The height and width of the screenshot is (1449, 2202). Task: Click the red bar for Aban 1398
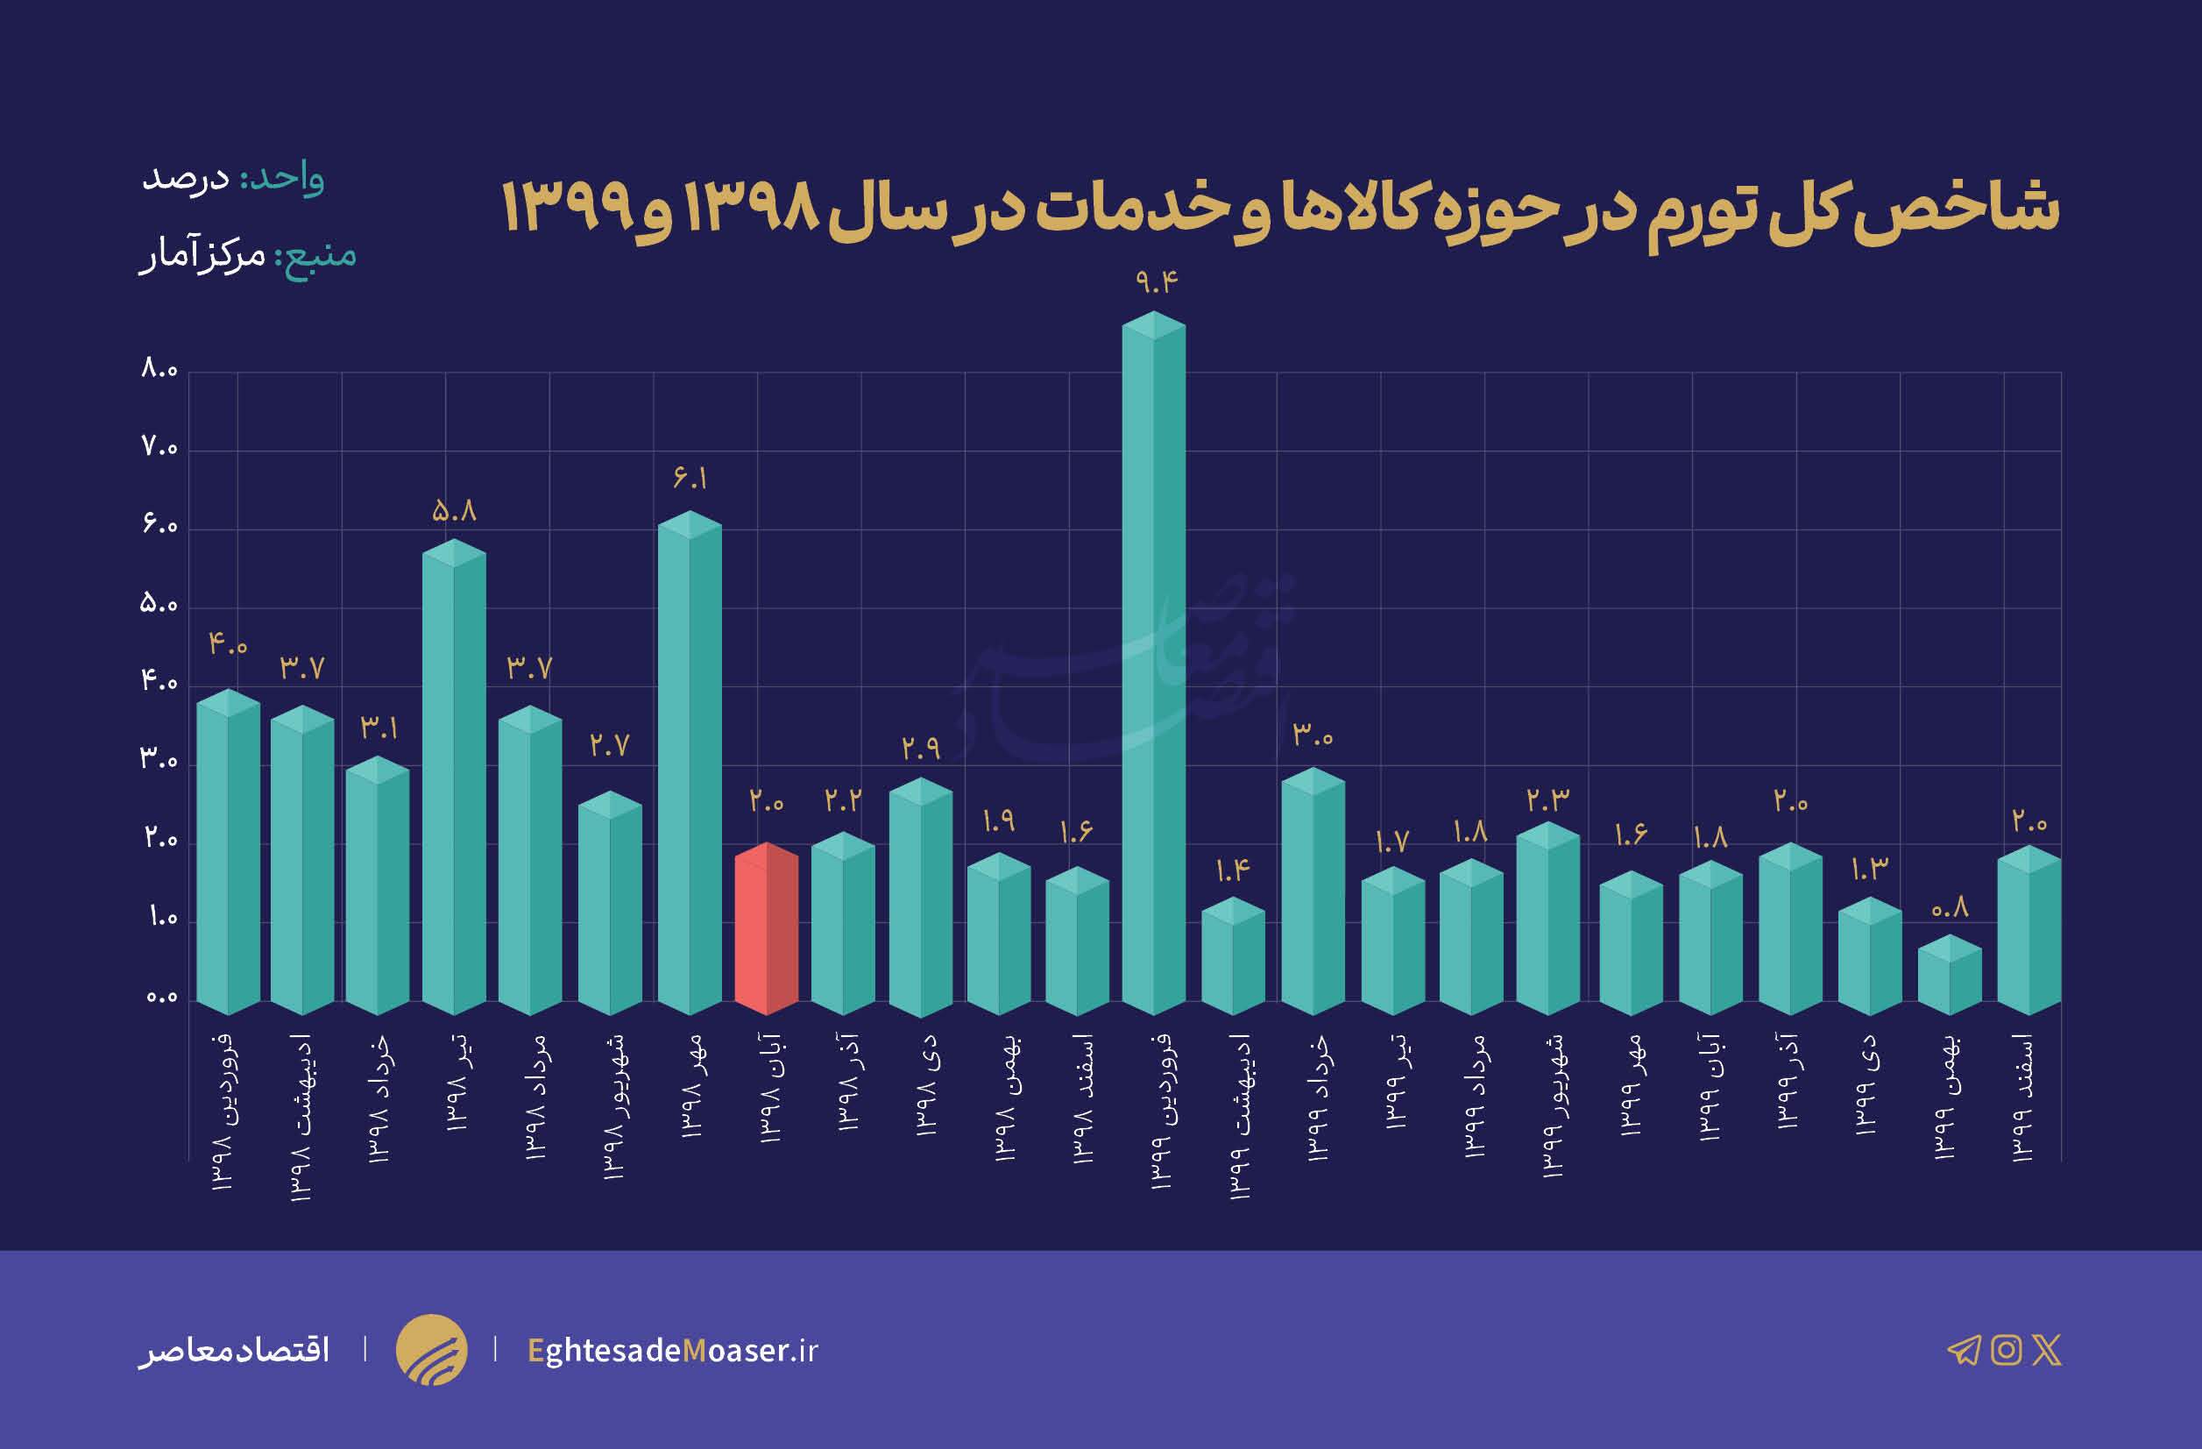tap(766, 930)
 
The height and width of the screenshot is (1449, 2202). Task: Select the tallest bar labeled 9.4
tap(1153, 666)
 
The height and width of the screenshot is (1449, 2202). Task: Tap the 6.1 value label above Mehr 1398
tap(690, 479)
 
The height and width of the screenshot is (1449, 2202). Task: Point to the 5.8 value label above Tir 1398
tap(454, 511)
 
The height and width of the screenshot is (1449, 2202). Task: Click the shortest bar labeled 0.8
tap(1950, 977)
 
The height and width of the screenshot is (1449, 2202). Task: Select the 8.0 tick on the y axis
tap(159, 370)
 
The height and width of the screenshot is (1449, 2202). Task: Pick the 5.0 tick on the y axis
tap(159, 605)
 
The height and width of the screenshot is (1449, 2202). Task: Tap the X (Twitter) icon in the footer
tap(2047, 1350)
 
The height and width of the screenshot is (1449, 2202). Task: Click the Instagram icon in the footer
tap(2006, 1350)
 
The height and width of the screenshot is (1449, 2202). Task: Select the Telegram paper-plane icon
tap(1964, 1351)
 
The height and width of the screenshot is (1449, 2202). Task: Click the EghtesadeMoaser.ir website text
tap(673, 1351)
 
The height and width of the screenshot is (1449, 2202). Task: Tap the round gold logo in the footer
tap(431, 1350)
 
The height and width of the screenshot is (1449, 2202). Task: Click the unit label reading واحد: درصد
tap(233, 178)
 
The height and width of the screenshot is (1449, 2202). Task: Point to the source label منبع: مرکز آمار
tap(248, 254)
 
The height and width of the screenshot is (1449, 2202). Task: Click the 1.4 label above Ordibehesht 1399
tap(1232, 870)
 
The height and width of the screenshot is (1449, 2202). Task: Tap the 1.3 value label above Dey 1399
tap(1869, 869)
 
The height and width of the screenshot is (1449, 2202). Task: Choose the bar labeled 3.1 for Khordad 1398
tap(378, 888)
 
